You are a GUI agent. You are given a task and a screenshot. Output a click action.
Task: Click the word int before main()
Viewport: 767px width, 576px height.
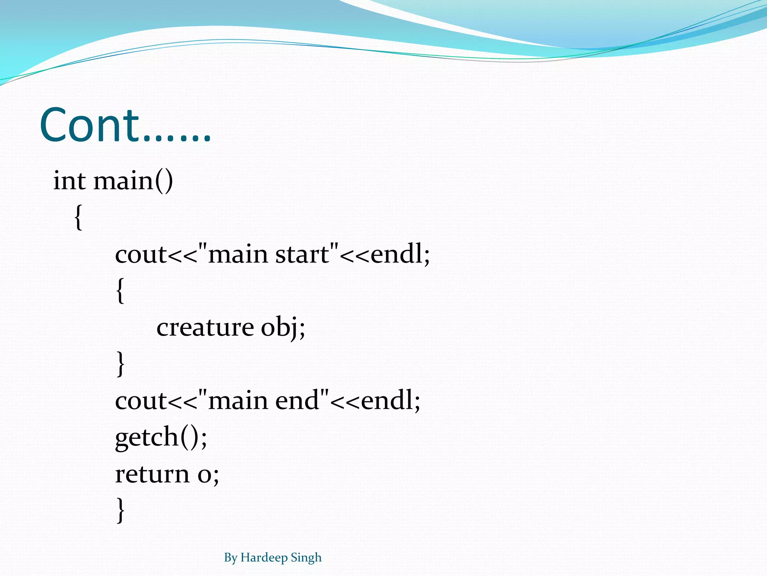(x=69, y=181)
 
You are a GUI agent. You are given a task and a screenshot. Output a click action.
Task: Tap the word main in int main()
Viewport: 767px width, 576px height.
(x=123, y=181)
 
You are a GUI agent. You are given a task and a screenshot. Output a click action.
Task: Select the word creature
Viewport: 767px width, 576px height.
(x=205, y=327)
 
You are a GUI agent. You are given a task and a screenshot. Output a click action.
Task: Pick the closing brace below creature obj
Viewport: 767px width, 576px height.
(x=120, y=363)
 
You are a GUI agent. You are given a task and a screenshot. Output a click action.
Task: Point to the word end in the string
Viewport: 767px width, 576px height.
(x=297, y=400)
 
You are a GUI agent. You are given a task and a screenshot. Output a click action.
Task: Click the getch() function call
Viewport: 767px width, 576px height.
(x=160, y=437)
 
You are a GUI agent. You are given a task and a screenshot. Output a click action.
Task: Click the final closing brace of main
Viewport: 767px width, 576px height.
(x=120, y=510)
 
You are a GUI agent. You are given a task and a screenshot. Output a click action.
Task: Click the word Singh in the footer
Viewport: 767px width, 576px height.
(x=306, y=558)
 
